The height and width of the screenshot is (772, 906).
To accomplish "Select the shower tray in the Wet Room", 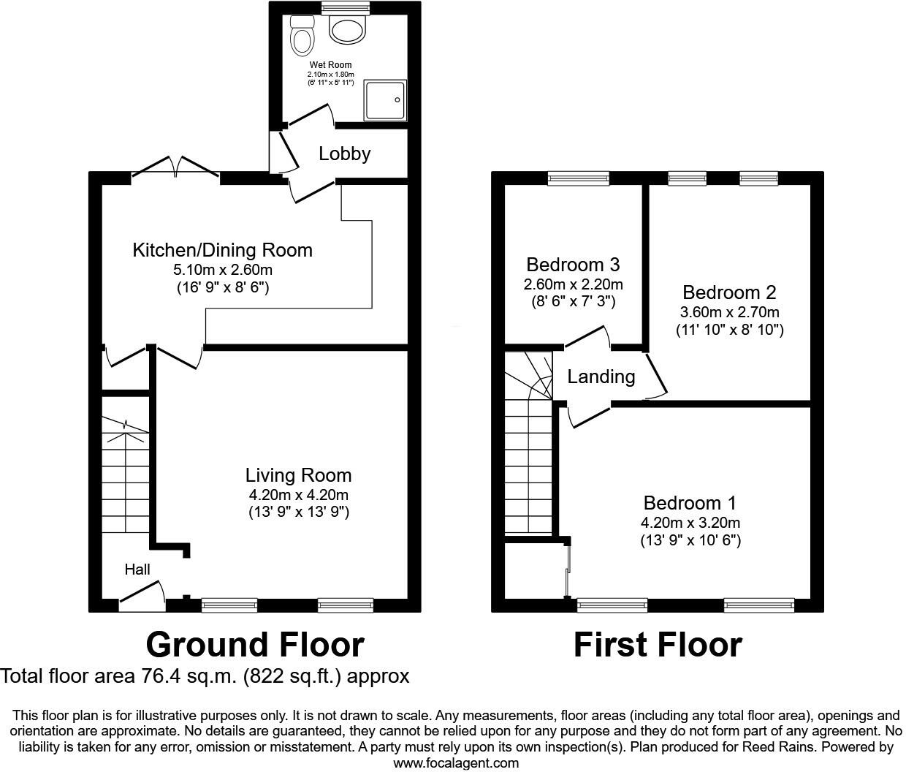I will (x=385, y=101).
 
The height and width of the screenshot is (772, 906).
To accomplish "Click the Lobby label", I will (x=345, y=154).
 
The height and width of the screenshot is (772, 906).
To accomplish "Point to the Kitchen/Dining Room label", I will (x=222, y=250).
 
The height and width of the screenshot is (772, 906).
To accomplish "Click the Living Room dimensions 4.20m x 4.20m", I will (x=298, y=495).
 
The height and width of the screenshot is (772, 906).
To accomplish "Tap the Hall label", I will (x=137, y=569).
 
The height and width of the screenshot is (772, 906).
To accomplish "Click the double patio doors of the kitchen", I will (x=175, y=167).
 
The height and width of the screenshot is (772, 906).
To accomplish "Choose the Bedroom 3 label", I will (x=573, y=264).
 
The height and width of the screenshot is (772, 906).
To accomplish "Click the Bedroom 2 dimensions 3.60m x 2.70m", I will (x=729, y=312).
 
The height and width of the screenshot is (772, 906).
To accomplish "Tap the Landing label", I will (x=601, y=376).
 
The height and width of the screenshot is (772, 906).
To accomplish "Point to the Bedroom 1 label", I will (x=690, y=503).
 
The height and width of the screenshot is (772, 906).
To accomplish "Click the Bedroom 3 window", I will (x=579, y=178).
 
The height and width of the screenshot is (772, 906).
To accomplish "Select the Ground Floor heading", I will (x=255, y=645).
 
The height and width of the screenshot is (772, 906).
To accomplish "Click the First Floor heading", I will (x=658, y=645).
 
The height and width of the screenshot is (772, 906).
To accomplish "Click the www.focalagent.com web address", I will (x=456, y=763).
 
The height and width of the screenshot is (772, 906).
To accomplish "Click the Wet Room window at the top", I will (x=346, y=8).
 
